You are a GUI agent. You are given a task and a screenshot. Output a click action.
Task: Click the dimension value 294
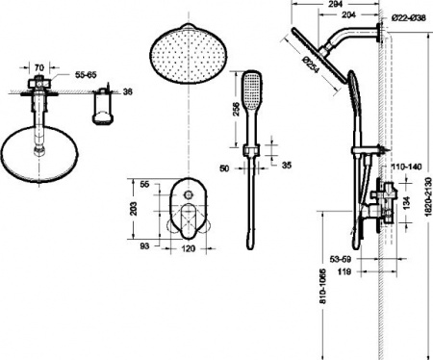click(x=335, y=6)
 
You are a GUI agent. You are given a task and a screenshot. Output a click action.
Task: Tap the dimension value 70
click(x=38, y=67)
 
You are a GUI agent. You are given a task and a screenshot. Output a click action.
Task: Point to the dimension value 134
click(x=406, y=203)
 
